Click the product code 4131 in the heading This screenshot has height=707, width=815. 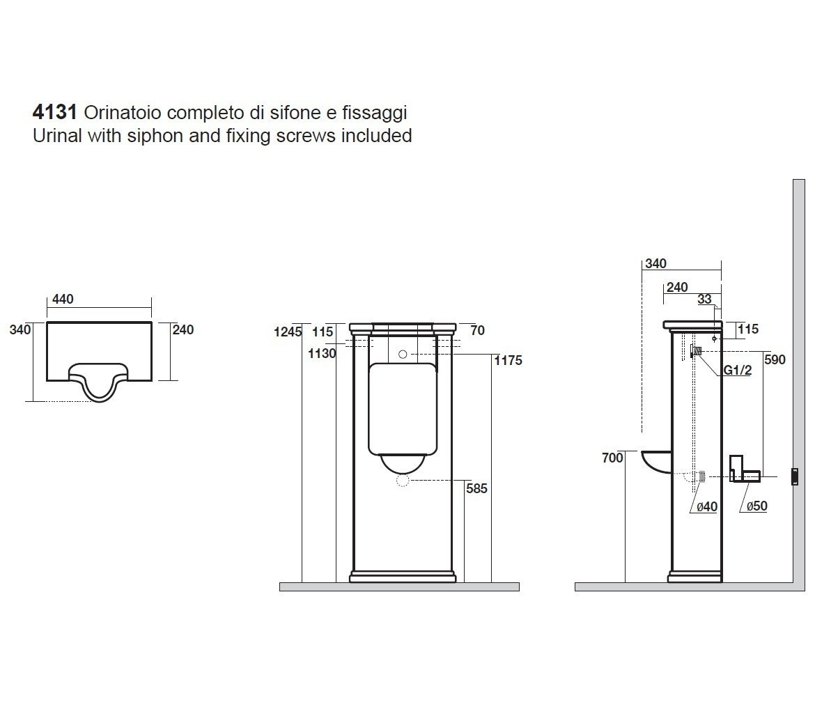click(x=54, y=111)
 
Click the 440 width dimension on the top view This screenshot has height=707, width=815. click(x=63, y=299)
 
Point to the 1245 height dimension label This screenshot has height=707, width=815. click(x=288, y=332)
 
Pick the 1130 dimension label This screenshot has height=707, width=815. click(x=323, y=354)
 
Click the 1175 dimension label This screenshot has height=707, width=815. click(x=509, y=360)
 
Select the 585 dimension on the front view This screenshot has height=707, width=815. click(x=476, y=489)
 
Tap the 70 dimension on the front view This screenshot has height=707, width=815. click(x=477, y=330)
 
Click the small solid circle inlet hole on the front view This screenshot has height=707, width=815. click(x=403, y=354)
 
